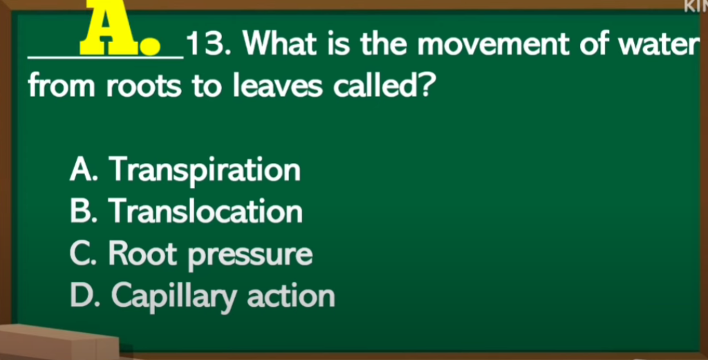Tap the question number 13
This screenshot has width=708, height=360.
[x=209, y=44]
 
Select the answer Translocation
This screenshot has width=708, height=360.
[x=205, y=211]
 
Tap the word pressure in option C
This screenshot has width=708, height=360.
[x=250, y=256]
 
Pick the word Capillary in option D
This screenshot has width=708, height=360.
[x=174, y=298]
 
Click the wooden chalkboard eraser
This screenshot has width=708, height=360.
[x=59, y=341]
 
